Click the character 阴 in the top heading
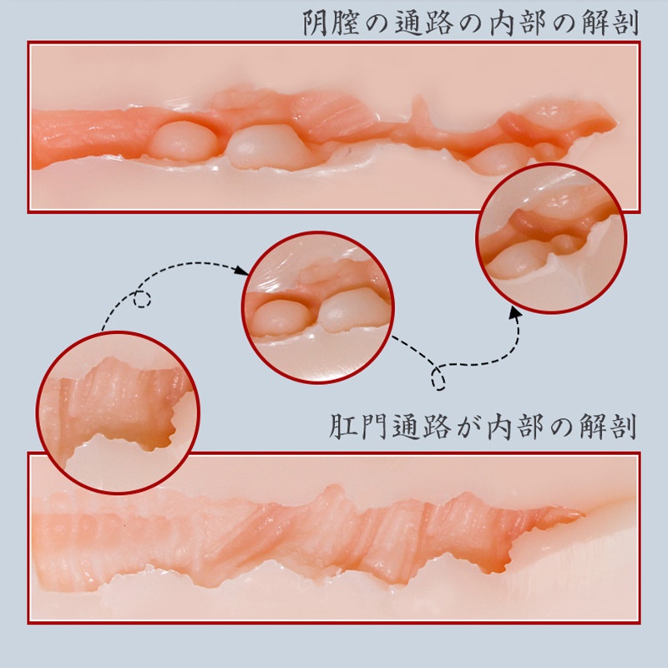(x=316, y=23)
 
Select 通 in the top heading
(x=407, y=23)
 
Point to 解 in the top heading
(x=595, y=23)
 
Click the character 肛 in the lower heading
(x=342, y=426)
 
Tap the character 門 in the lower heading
(x=372, y=426)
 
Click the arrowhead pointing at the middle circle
(x=241, y=270)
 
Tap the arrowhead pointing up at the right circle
(x=516, y=312)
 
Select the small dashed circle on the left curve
(x=142, y=299)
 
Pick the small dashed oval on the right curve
(x=438, y=378)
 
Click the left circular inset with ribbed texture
(x=118, y=412)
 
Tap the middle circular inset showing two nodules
(x=318, y=307)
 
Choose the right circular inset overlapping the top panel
(x=551, y=239)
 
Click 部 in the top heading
(x=532, y=23)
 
